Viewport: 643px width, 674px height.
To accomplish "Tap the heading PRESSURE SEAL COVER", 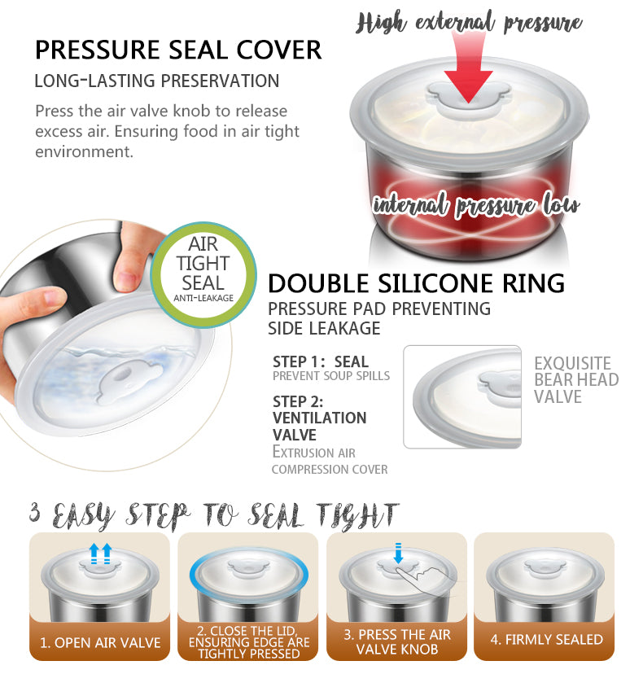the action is point(178,50).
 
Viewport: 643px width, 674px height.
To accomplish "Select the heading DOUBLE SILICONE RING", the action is point(416,283).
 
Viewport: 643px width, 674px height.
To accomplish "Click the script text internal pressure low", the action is point(476,205).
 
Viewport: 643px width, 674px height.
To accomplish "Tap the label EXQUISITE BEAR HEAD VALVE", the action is point(576,380).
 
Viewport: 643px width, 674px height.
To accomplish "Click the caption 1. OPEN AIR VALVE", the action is point(100,642).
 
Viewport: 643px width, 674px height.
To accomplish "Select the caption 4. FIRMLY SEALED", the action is point(547,639).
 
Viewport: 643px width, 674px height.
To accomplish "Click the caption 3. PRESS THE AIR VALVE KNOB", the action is point(397,641).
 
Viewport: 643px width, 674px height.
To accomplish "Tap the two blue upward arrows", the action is point(101,554).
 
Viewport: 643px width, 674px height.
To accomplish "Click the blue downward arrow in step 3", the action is point(398,553).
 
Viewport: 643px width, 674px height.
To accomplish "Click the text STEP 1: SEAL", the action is point(321,361).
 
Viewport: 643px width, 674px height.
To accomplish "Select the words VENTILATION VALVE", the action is point(319,426).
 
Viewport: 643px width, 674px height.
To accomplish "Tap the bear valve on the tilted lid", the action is point(129,380).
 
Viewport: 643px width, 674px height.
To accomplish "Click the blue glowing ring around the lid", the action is point(249,576).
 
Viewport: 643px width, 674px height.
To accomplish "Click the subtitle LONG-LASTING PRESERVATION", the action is point(157,81).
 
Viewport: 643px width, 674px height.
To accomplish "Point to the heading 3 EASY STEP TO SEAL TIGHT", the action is point(214,515).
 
